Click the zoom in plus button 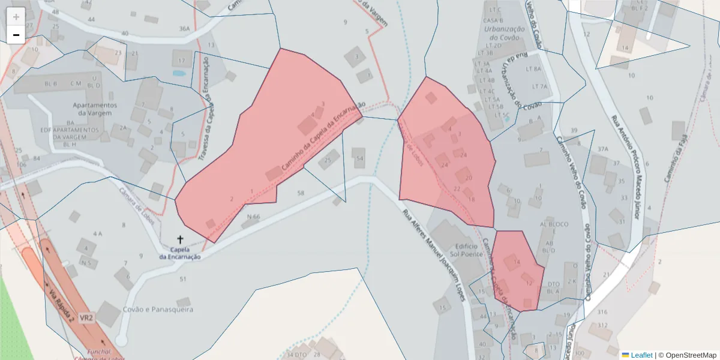[x=16, y=17]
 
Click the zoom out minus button [x=16, y=35]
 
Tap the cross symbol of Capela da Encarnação [x=180, y=239]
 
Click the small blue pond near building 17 [x=179, y=73]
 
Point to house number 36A [x=184, y=28]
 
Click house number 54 [x=360, y=158]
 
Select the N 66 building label [x=253, y=216]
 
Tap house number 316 [x=602, y=312]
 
